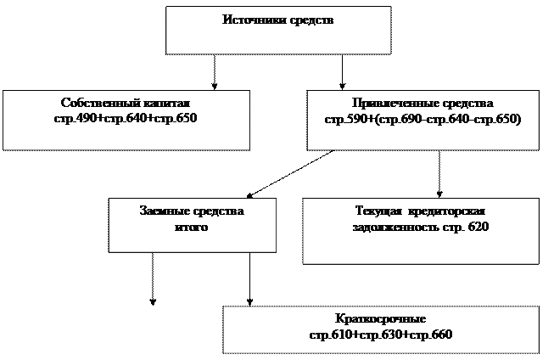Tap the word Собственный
[96, 103]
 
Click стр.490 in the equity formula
[74, 118]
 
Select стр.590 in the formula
[344, 118]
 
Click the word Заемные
[165, 211]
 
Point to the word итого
[192, 227]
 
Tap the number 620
[478, 227]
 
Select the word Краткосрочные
[380, 320]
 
